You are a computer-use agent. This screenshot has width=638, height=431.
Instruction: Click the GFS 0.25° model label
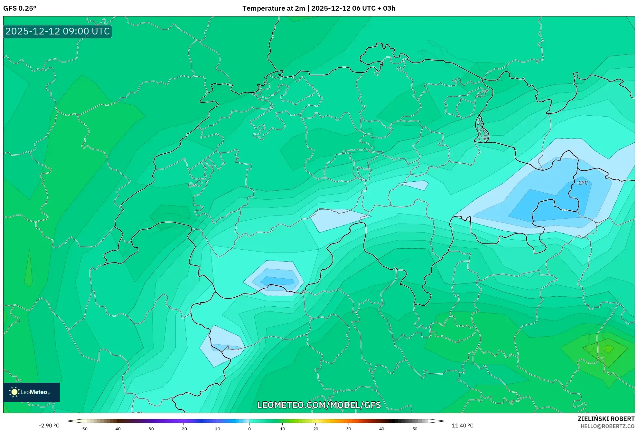click(x=20, y=8)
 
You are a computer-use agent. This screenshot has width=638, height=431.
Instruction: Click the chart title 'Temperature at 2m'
click(x=274, y=8)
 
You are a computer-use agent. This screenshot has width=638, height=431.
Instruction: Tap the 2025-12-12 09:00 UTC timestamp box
click(x=58, y=32)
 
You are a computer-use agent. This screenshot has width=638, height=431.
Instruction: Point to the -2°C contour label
click(x=582, y=183)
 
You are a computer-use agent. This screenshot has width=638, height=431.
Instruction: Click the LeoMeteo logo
click(x=32, y=392)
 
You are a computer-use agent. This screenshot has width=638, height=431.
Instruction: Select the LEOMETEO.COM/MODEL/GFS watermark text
click(x=319, y=405)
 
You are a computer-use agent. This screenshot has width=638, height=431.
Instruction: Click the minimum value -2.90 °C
click(x=49, y=426)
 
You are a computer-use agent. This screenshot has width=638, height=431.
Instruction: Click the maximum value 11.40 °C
click(x=463, y=426)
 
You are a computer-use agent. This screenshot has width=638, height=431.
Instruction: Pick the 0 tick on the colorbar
click(x=249, y=428)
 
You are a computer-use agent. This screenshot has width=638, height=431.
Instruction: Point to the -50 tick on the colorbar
click(x=84, y=428)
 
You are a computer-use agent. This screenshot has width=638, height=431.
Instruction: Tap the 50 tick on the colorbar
click(x=415, y=428)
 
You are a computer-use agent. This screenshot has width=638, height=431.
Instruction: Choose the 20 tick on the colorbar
click(x=316, y=428)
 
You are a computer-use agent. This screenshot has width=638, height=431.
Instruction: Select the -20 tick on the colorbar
click(x=183, y=428)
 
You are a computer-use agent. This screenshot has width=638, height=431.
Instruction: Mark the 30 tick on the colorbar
click(x=349, y=428)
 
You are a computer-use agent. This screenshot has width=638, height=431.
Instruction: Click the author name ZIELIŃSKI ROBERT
click(x=606, y=419)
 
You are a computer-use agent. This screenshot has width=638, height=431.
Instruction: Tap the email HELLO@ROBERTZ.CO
click(x=607, y=426)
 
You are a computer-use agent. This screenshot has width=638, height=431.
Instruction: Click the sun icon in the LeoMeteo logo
click(x=14, y=392)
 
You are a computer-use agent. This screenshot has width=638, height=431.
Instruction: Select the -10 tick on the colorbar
click(x=216, y=428)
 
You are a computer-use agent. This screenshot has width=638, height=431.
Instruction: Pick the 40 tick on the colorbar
click(x=382, y=428)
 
